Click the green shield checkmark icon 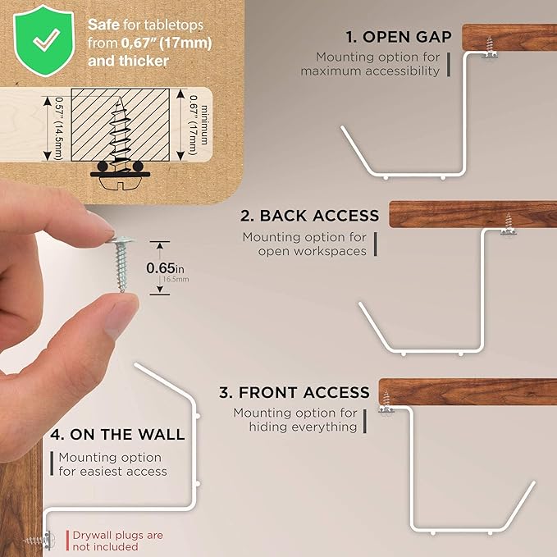pyautogui.click(x=43, y=40)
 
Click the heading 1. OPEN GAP pyautogui.click(x=399, y=37)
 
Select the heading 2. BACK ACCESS pyautogui.click(x=310, y=216)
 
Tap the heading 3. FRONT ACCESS pyautogui.click(x=294, y=393)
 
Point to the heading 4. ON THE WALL pyautogui.click(x=117, y=435)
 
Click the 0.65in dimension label pyautogui.click(x=165, y=268)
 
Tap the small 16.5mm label pyautogui.click(x=176, y=279)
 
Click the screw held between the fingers pyautogui.click(x=121, y=263)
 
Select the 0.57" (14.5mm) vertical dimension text pyautogui.click(x=58, y=129)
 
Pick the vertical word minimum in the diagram pyautogui.click(x=204, y=125)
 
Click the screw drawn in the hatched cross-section pyautogui.click(x=120, y=135)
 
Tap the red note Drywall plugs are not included pyautogui.click(x=117, y=541)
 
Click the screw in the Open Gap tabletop pyautogui.click(x=490, y=47)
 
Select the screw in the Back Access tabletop pyautogui.click(x=509, y=224)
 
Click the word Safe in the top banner pyautogui.click(x=103, y=25)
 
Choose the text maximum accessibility pyautogui.click(x=370, y=71)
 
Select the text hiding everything pyautogui.click(x=303, y=427)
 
